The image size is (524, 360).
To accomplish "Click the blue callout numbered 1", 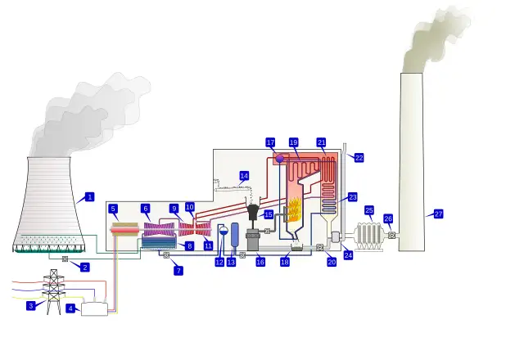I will point(90,196).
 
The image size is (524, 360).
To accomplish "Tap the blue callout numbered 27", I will point(438,214).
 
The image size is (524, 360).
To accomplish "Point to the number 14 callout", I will point(244,176).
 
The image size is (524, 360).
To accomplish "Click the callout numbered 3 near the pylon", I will point(31,305).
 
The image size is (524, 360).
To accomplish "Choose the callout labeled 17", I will point(270,142).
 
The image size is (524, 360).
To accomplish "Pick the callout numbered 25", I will point(369,210).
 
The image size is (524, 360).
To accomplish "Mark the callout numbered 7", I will point(178,270).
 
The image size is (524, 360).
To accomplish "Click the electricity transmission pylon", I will point(53,292).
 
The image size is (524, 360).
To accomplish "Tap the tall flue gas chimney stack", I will point(411,164).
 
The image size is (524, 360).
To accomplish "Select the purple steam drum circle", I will point(279,158).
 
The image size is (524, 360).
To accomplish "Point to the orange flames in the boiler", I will point(293,210).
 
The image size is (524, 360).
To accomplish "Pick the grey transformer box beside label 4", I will point(94,309).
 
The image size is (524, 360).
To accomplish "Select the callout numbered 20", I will point(332,262).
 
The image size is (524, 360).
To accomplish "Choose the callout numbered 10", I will point(190,208).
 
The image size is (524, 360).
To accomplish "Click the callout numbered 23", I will point(353,197).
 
